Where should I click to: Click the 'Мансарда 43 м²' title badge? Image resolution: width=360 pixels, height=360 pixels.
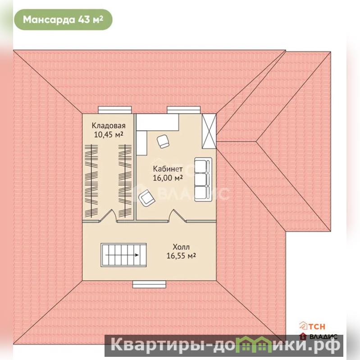(x=63, y=20)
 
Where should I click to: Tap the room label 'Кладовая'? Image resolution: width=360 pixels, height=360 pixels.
(x=109, y=126)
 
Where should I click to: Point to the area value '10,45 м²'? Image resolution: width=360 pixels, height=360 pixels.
(x=109, y=135)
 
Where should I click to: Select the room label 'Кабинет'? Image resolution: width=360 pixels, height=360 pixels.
(x=168, y=169)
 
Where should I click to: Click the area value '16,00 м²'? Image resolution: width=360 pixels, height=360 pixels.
(x=168, y=178)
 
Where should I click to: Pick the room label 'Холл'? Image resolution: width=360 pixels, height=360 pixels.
(x=181, y=247)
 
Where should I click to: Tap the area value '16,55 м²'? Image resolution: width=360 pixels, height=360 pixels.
(x=181, y=256)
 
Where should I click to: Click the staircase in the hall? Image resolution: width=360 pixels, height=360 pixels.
(x=123, y=255)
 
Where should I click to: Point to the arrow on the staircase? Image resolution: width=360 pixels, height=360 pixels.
(x=122, y=255)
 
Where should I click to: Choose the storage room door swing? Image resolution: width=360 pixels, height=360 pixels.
(x=108, y=216)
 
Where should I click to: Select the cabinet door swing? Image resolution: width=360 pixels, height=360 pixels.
(x=177, y=216)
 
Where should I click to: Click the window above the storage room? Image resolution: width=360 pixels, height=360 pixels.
(x=115, y=110)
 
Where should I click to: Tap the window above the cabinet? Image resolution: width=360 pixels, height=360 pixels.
(x=184, y=110)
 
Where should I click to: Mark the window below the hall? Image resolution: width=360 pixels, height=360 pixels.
(x=149, y=284)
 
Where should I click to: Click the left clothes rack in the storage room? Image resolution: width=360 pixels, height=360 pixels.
(x=91, y=181)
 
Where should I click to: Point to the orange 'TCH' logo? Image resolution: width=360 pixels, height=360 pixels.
(x=312, y=326)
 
